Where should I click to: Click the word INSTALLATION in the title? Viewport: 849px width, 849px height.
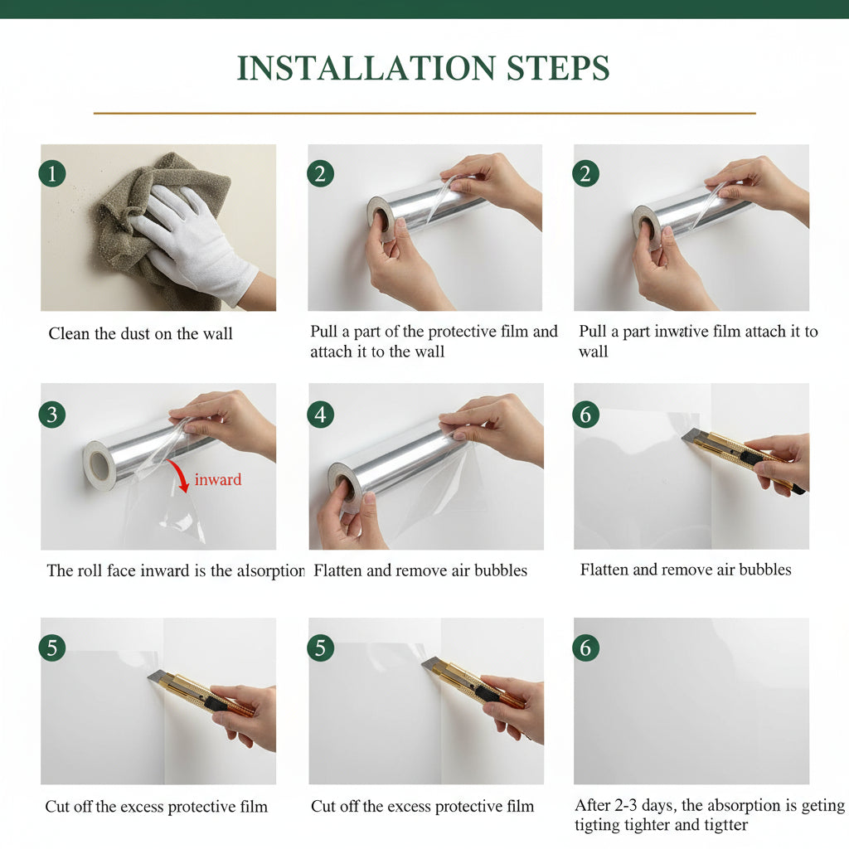[x=366, y=68]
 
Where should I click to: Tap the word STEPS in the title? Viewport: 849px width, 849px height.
[x=558, y=68]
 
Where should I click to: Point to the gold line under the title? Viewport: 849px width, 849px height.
[x=424, y=113]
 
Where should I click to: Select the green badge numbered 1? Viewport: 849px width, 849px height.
[x=52, y=174]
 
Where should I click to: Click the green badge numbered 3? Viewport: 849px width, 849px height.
[x=52, y=415]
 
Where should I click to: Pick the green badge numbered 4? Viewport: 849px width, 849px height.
[x=321, y=415]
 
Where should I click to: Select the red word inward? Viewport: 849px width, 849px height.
[x=218, y=480]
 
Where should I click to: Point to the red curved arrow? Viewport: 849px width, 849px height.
[x=182, y=472]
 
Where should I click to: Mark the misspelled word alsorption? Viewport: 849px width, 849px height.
[x=271, y=570]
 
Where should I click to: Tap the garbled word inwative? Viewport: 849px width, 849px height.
[x=682, y=332]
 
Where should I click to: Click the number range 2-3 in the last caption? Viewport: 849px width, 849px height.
[x=626, y=806]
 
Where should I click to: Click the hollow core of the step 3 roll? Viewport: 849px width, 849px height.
[x=99, y=464]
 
